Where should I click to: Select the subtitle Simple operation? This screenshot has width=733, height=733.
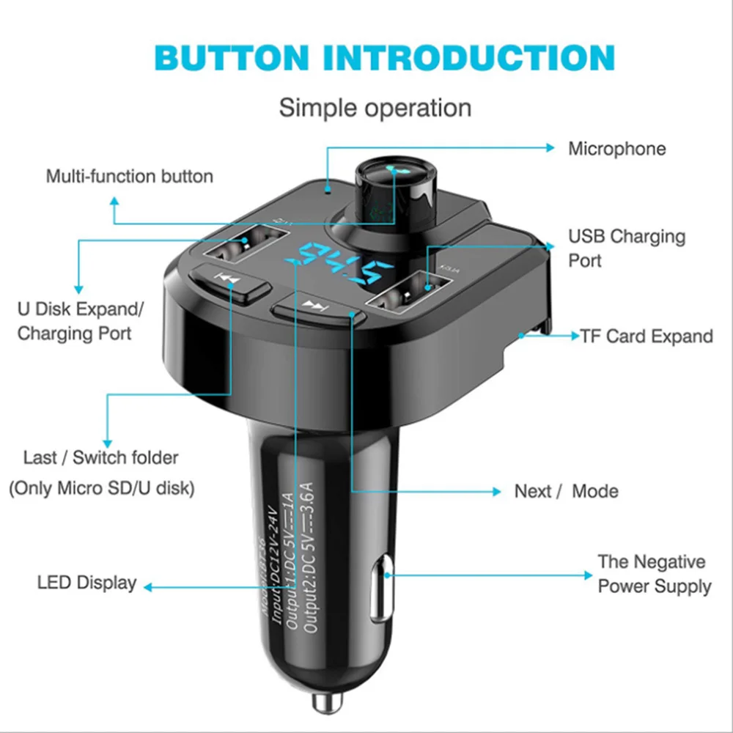375,108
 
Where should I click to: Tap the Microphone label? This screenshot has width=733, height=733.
617,149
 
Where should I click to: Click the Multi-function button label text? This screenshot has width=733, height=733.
130,177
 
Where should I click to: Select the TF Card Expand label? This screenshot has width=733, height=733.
647,336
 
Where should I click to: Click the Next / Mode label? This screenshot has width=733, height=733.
566,491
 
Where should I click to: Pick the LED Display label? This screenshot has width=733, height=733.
86,583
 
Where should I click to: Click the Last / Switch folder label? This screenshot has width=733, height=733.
101,458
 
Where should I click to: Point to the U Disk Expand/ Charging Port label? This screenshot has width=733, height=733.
81,321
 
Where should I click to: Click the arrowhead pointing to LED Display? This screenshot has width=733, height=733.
149,586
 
